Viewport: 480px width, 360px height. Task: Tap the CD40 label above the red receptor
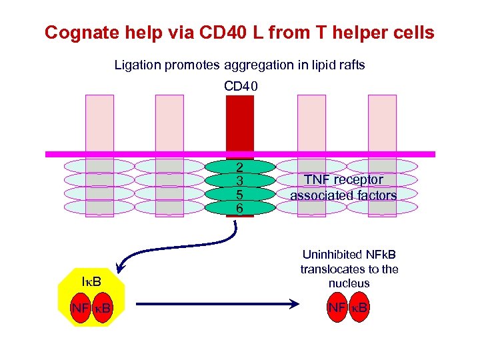click(x=240, y=86)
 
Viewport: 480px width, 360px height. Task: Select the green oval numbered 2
click(x=239, y=167)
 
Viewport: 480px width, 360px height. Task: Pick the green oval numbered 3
click(x=239, y=181)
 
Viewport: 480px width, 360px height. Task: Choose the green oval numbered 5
click(x=239, y=195)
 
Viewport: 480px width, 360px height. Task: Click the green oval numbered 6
click(x=239, y=208)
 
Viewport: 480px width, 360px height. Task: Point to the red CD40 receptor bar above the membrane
click(x=240, y=123)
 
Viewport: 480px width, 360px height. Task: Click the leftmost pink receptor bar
click(x=99, y=123)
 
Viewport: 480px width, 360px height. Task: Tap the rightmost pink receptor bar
click(x=382, y=123)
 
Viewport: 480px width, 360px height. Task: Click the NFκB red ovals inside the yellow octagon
click(x=92, y=308)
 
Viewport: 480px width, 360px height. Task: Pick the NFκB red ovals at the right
click(x=349, y=308)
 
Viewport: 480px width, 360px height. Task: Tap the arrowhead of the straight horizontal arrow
click(x=291, y=305)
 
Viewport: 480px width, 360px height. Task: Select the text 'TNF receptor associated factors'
click(x=343, y=187)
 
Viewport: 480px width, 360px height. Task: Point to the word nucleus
click(x=349, y=284)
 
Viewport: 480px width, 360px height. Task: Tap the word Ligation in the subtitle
click(x=134, y=65)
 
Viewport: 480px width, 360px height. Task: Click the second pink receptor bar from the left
click(x=169, y=123)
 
